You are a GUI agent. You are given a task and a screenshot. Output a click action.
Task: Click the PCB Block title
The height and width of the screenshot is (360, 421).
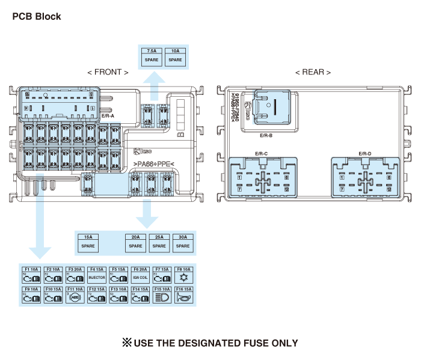(x=37, y=17)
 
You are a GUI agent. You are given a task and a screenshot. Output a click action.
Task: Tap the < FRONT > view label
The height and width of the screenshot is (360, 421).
(x=108, y=72)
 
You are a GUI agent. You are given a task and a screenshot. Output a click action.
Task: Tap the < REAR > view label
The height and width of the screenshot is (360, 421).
(x=313, y=72)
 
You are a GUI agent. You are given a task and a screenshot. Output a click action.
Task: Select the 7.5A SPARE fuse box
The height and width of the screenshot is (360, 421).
(x=152, y=56)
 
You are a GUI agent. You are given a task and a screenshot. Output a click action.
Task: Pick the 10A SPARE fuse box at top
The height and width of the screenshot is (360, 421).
(x=175, y=56)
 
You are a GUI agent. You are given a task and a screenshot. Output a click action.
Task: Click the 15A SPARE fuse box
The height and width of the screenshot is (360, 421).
(x=88, y=242)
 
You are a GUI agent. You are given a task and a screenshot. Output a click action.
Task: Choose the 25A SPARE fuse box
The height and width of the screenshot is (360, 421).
(x=159, y=242)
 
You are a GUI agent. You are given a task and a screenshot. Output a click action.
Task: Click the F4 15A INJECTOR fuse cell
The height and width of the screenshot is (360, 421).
(x=97, y=275)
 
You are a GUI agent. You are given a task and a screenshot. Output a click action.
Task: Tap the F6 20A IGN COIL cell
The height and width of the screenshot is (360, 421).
(x=141, y=275)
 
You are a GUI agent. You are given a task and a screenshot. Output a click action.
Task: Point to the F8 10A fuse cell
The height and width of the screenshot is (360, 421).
(x=184, y=275)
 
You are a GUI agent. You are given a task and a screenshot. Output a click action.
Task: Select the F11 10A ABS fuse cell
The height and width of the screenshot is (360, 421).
(x=75, y=294)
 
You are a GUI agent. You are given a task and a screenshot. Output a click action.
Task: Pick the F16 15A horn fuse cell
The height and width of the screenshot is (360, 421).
(x=184, y=294)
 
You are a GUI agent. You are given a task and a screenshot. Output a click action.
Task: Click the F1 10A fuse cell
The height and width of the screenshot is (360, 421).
(x=32, y=275)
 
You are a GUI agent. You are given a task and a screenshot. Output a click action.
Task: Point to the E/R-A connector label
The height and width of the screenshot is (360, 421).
(x=108, y=115)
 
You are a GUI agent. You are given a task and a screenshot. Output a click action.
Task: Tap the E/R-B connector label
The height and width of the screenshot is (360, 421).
(x=266, y=136)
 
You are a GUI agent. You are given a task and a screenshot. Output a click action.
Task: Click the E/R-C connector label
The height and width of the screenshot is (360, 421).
(x=262, y=154)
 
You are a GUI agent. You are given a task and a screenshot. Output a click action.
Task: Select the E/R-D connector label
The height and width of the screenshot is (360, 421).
(x=364, y=154)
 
